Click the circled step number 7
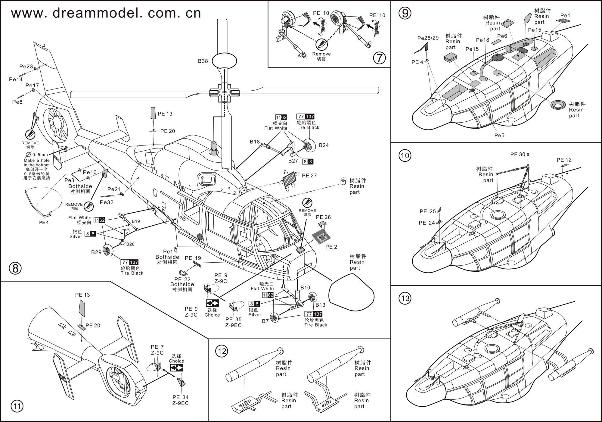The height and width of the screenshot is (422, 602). pos(379,58)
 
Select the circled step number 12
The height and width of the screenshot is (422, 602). pos(222,351)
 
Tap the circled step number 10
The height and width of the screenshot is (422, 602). pos(405,155)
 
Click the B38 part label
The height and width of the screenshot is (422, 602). pos(203,61)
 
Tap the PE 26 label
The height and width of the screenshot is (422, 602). pos(323,217)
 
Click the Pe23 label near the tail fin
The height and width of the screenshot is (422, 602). pos(26,67)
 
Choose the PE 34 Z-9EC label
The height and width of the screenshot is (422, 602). pos(181,400)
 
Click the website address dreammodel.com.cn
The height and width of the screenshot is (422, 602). pos(106,13)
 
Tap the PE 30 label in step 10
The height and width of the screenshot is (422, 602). pos(518,155)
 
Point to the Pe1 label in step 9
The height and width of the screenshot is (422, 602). pos(565,16)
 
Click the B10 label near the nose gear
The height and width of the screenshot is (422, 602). pos(305,288)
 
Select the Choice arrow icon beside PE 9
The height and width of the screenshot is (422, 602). pos(212,303)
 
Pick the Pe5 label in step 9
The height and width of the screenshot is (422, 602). pos(499,136)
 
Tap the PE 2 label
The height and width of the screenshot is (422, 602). pos(331,247)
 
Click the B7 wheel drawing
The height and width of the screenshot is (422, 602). pos(274,317)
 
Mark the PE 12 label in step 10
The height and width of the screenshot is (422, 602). pos(564,160)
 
